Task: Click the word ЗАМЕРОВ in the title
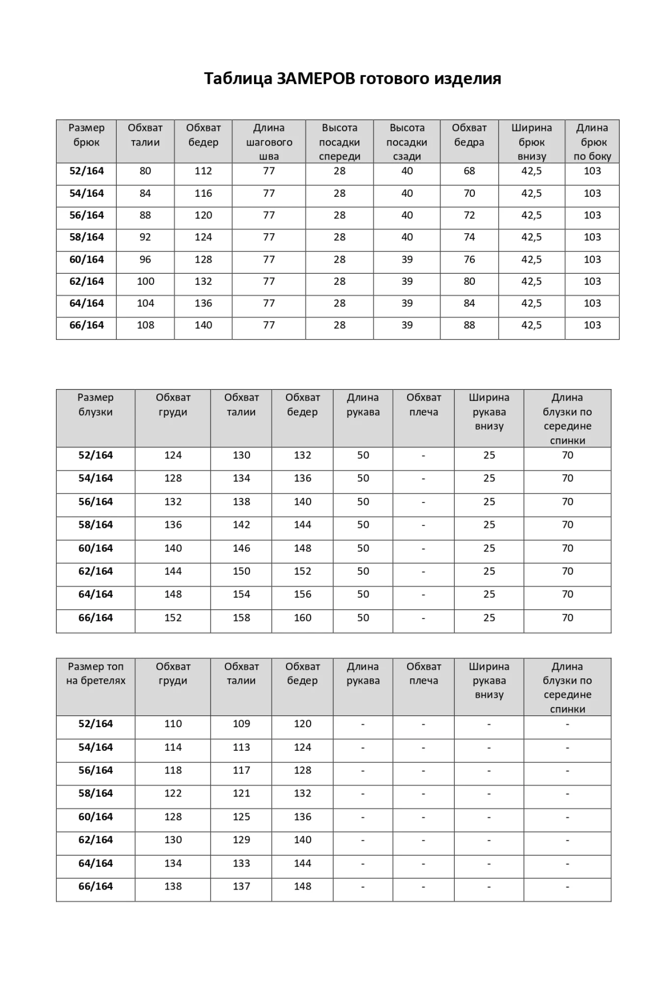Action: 316,79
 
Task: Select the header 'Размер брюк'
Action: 87,135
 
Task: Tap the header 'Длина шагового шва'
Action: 269,142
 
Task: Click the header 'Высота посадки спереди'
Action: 340,142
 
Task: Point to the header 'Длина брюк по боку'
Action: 592,142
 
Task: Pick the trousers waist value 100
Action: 145,281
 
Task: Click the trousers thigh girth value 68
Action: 469,171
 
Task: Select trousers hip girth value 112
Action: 203,171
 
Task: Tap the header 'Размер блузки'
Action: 95,404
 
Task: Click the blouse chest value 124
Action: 173,456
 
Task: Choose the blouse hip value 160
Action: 302,618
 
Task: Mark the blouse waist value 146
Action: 241,548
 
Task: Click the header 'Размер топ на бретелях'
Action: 95,674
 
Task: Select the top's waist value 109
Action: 241,724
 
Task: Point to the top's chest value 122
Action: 173,794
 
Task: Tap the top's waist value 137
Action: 241,887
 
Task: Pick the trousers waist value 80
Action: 145,171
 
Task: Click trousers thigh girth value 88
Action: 469,325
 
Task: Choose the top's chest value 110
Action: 173,724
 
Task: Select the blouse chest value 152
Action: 173,618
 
